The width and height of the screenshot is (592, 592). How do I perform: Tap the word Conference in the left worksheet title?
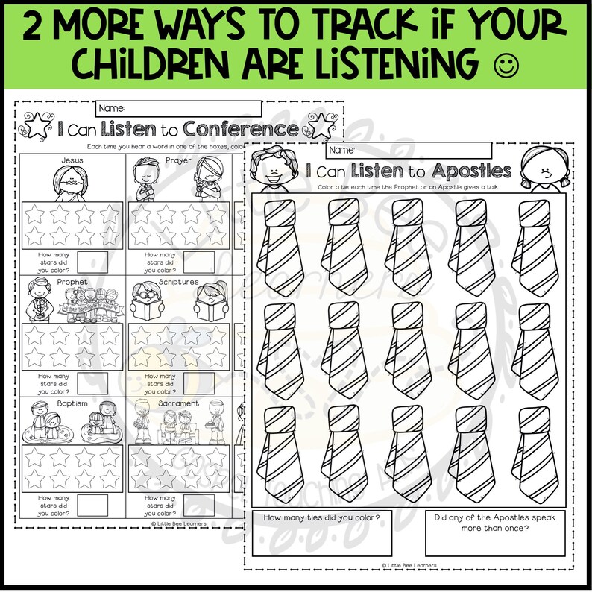[x=241, y=129]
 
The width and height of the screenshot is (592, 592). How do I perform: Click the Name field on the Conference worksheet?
[x=179, y=109]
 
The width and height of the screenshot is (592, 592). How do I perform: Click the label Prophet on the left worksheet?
[x=72, y=282]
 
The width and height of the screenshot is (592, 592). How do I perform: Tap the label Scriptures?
[x=178, y=282]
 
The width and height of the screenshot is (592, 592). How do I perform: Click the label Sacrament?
[x=178, y=403]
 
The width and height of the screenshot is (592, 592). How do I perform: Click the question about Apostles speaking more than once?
[x=494, y=524]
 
